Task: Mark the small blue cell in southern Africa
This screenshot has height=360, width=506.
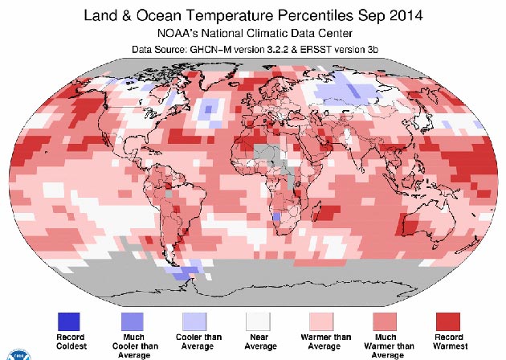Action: [x=276, y=217]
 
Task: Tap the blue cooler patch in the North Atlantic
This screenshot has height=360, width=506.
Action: [x=211, y=107]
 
